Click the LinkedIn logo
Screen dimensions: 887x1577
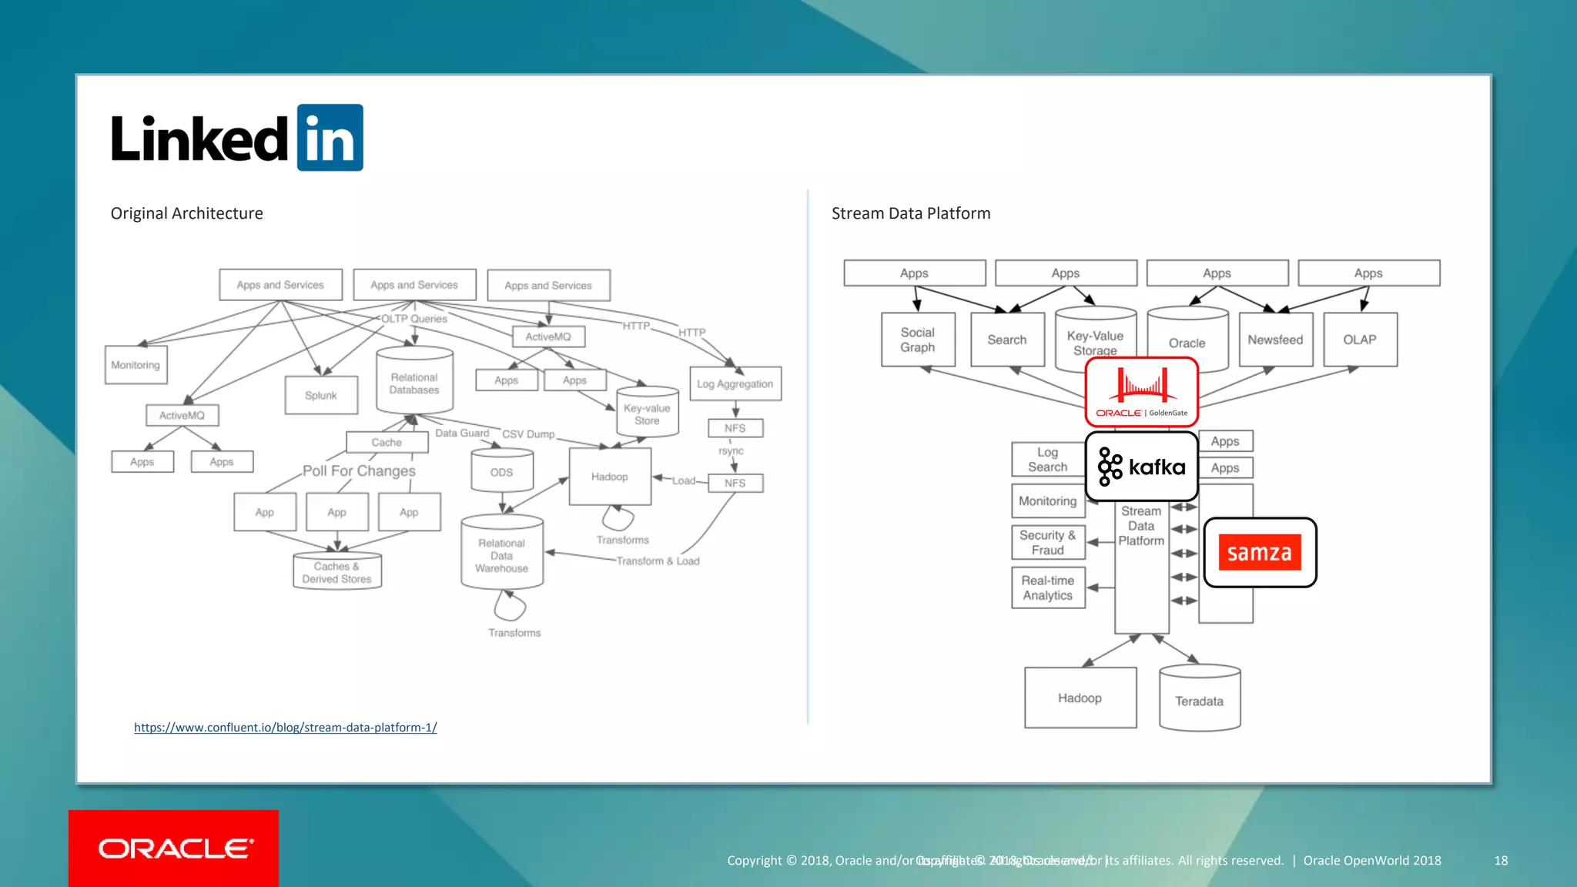coord(236,138)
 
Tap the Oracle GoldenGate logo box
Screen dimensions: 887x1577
coord(1141,391)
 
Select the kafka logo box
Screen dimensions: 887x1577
coord(1141,467)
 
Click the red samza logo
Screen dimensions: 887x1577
coord(1260,553)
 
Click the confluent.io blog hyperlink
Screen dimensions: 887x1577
coord(285,728)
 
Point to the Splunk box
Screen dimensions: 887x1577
coord(321,395)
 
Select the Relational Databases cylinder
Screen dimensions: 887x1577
coord(414,382)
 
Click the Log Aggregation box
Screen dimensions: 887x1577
coord(735,383)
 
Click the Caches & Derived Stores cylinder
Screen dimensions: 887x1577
coord(336,572)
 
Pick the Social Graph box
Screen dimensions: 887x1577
coord(917,340)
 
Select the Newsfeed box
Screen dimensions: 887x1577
coord(1275,340)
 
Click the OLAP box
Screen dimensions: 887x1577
coord(1359,340)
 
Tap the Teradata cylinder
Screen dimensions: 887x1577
coord(1199,700)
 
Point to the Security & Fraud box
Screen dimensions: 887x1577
coord(1047,542)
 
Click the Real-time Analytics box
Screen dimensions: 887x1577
coord(1047,587)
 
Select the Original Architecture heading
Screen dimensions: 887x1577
coord(186,213)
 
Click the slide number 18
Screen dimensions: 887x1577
coord(1501,860)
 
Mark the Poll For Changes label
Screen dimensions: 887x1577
coord(359,470)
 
